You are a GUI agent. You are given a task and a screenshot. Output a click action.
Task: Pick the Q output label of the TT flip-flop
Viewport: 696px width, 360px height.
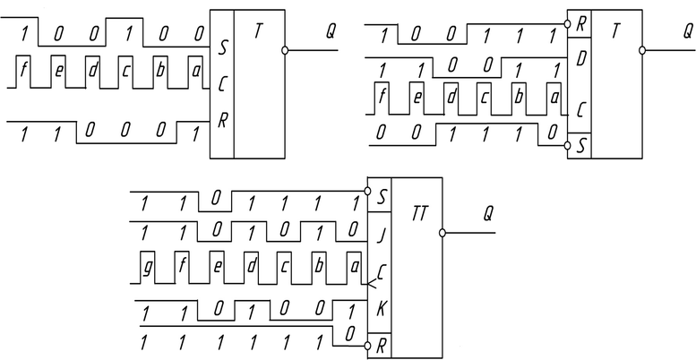coord(488,214)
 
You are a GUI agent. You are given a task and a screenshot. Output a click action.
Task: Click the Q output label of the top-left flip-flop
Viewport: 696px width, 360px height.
coord(331,30)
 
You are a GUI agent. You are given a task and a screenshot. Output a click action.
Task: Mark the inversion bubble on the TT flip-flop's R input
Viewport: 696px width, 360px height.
coord(365,342)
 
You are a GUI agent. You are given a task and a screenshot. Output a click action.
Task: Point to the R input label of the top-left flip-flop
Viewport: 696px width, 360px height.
coord(221,117)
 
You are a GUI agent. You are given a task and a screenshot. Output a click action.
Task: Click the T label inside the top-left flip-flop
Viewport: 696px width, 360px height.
coord(258,30)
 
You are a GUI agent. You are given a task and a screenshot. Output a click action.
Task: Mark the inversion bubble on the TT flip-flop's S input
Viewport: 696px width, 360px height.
coord(365,191)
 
